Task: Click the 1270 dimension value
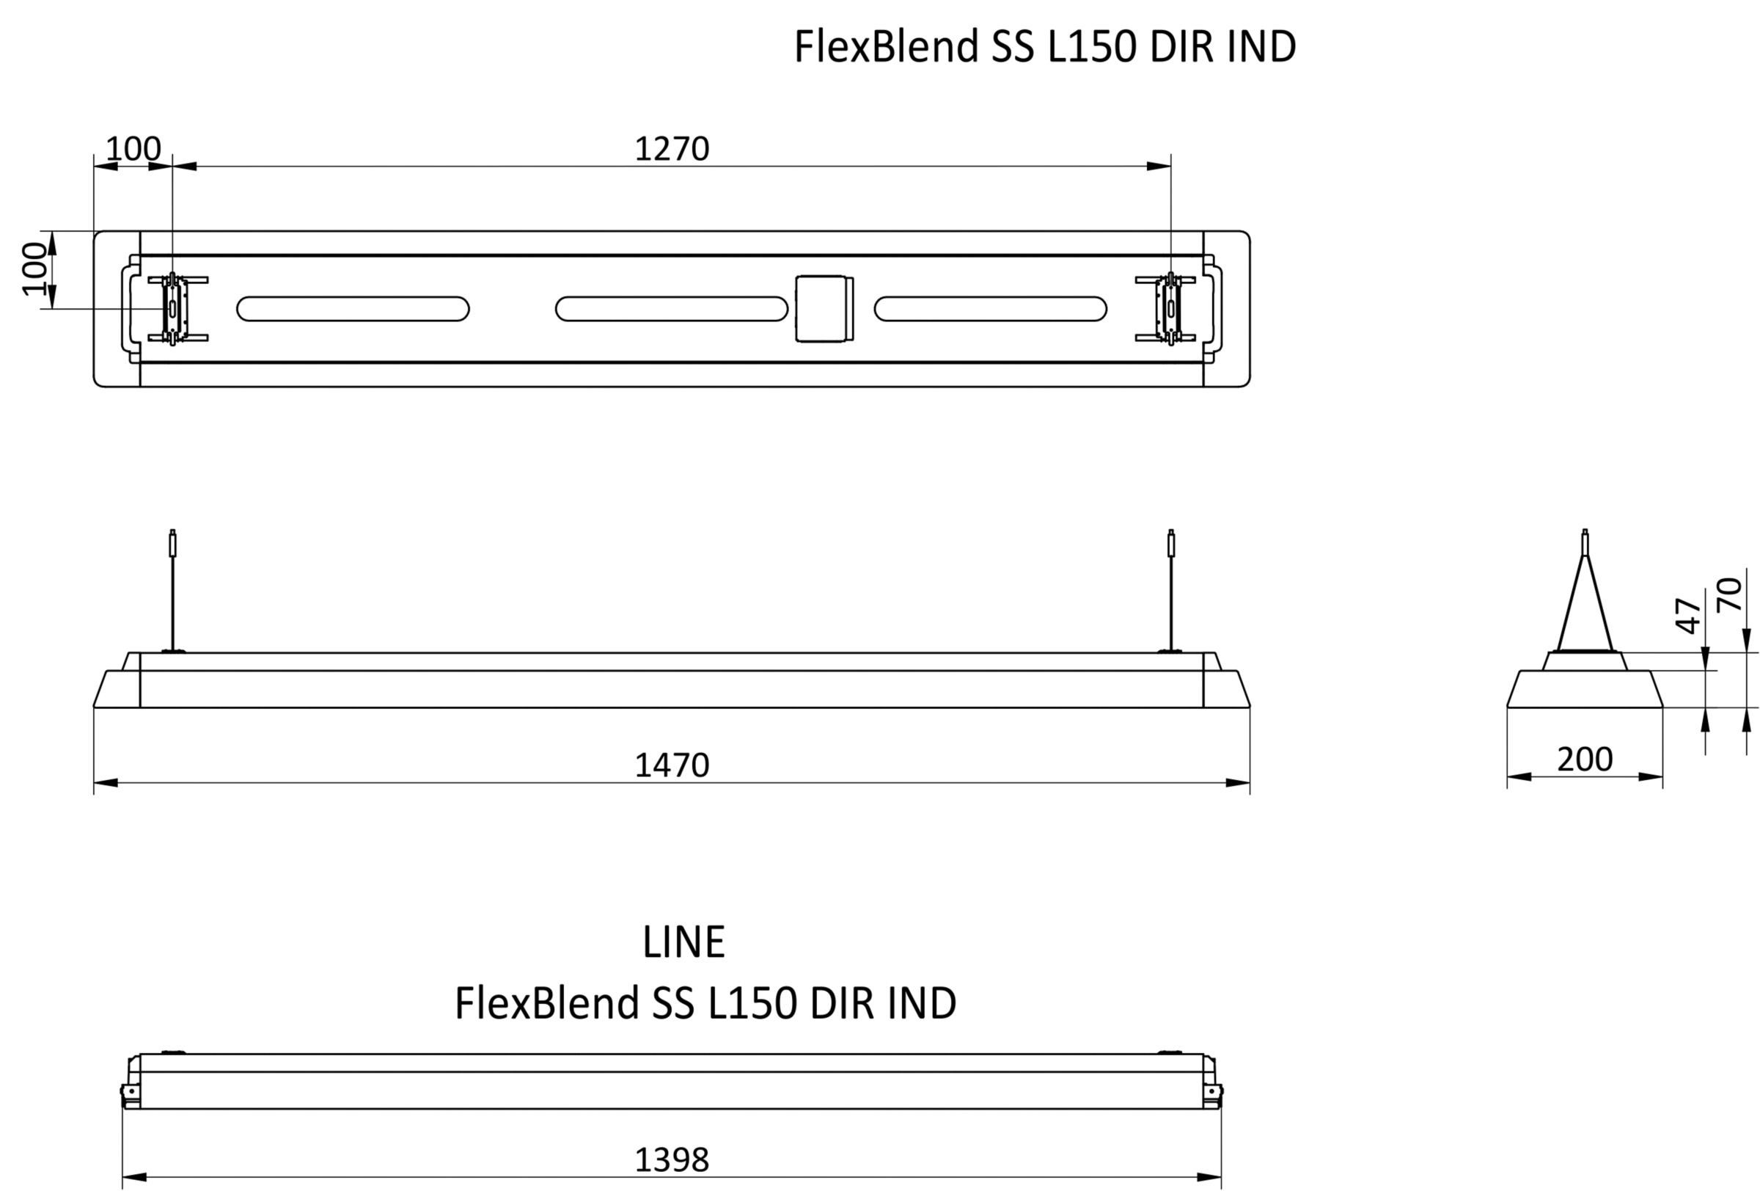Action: point(672,149)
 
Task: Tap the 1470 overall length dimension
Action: point(672,766)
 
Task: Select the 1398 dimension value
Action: point(672,1160)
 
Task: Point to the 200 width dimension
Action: point(1584,760)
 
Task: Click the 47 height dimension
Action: point(1689,615)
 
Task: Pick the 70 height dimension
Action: point(1730,594)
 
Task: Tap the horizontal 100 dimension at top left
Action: point(133,149)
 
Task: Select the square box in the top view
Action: point(824,308)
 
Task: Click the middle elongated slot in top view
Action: point(672,309)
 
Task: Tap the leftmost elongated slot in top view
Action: point(353,309)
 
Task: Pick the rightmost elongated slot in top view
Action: point(991,309)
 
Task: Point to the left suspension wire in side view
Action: point(172,590)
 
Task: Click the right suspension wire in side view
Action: point(1171,590)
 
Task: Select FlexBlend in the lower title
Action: point(547,1003)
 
